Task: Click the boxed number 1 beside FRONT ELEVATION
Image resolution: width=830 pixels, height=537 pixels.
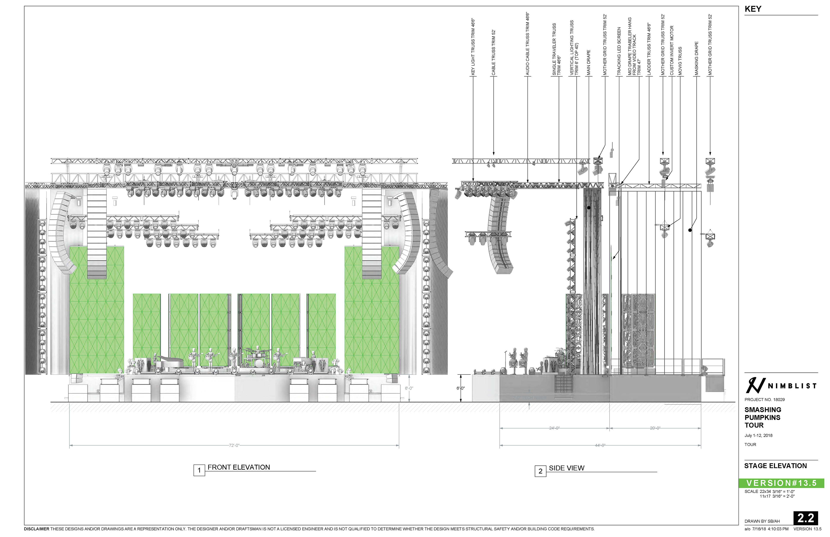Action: [x=199, y=470]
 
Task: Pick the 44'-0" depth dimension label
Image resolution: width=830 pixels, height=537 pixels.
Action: [x=600, y=445]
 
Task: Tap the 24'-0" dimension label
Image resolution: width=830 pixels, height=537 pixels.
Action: [x=554, y=428]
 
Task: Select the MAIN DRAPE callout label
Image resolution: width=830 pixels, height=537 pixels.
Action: [x=588, y=63]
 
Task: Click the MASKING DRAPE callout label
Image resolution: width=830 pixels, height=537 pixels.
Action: [x=696, y=59]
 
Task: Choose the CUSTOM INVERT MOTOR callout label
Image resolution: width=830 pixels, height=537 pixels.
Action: [x=671, y=51]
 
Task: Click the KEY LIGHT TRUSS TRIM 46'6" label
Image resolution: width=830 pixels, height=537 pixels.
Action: [x=473, y=47]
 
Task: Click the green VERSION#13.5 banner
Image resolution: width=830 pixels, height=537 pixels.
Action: [x=781, y=483]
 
